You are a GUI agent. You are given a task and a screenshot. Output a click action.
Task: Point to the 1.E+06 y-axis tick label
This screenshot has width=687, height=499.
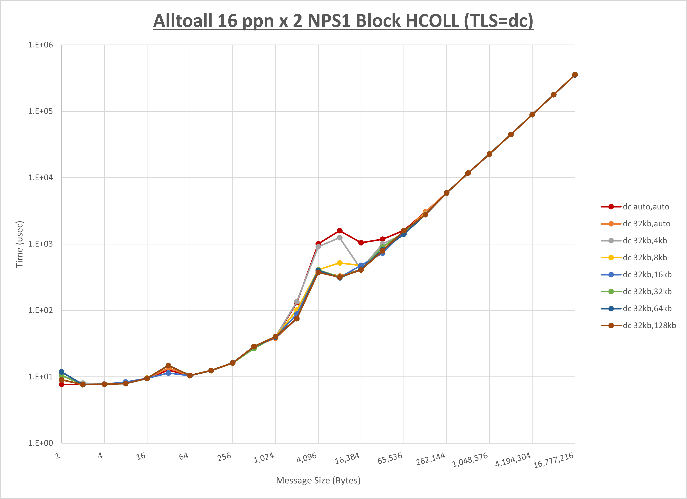pyautogui.click(x=41, y=45)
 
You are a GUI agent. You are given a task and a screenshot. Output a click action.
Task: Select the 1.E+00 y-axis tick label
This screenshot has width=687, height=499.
pyautogui.click(x=41, y=443)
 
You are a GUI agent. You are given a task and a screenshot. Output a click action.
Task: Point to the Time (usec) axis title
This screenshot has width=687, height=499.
pyautogui.click(x=19, y=244)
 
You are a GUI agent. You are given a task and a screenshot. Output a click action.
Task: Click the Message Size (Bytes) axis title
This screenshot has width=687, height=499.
pyautogui.click(x=318, y=481)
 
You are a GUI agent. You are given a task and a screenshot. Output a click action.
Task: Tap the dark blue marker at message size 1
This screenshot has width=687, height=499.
pyautogui.click(x=61, y=372)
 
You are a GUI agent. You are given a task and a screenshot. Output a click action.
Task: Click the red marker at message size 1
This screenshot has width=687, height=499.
pyautogui.click(x=61, y=384)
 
